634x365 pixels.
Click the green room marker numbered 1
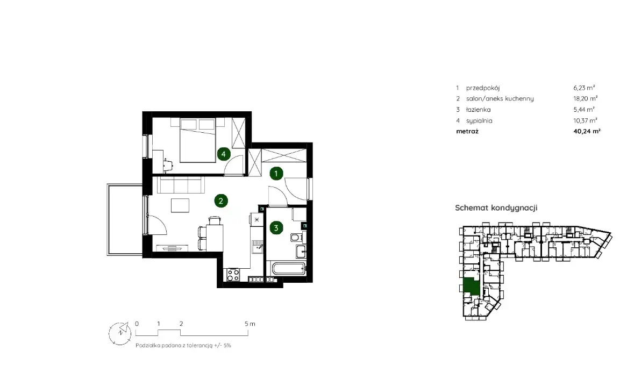276,174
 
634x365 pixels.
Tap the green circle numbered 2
221,201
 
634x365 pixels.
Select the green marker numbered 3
276,228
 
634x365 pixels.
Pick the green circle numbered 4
224,154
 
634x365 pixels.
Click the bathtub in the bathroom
288,268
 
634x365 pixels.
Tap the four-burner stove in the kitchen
233,275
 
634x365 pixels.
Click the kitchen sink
258,246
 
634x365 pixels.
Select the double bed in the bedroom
198,140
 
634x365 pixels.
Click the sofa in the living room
180,185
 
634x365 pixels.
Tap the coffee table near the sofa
180,205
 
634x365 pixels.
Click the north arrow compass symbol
120,333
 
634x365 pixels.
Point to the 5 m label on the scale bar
250,324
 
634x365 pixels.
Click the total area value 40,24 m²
587,131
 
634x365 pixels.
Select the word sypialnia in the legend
479,120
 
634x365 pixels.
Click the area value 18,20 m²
586,98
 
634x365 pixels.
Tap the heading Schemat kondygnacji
496,207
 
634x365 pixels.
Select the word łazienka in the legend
479,110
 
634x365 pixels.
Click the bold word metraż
467,131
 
